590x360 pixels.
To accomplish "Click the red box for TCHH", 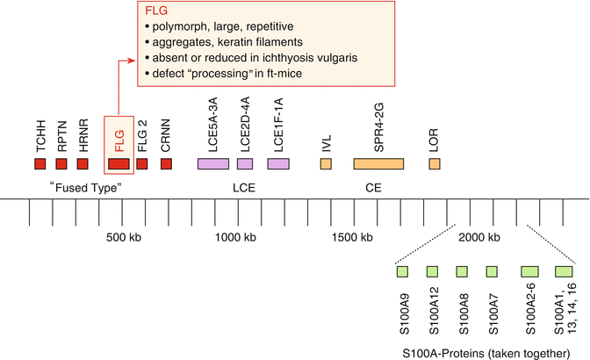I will pyautogui.click(x=40, y=164).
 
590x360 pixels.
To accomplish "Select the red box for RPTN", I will pyautogui.click(x=61, y=164).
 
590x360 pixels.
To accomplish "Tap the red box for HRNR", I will pyautogui.click(x=83, y=164).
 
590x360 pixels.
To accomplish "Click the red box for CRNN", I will pyautogui.click(x=166, y=164).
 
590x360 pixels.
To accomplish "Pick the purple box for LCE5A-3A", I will pyautogui.click(x=213, y=164).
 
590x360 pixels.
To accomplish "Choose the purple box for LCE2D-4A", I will pyautogui.click(x=245, y=164).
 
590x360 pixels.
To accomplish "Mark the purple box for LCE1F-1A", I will pyautogui.click(x=278, y=164).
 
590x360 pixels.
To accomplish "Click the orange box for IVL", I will pyautogui.click(x=326, y=164).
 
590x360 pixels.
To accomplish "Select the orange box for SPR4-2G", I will pyautogui.click(x=378, y=164).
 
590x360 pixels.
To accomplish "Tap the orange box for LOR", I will pyautogui.click(x=435, y=164).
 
